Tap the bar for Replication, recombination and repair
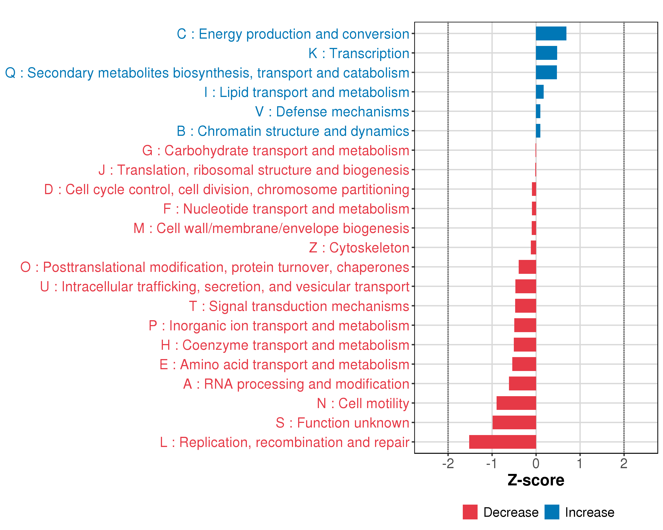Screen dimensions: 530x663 coord(503,442)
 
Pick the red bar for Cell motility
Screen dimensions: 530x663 coord(516,403)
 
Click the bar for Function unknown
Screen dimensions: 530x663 coord(514,422)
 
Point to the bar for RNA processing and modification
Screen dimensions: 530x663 coord(522,383)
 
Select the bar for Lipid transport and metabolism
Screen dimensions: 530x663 coord(539,92)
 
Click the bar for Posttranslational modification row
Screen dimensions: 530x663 coord(527,267)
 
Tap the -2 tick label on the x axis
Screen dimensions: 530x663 coord(448,463)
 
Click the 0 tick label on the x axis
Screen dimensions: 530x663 coord(536,463)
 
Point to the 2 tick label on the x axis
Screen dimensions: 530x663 coord(624,463)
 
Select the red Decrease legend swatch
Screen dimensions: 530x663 coord(470,512)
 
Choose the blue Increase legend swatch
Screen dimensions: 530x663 coord(552,512)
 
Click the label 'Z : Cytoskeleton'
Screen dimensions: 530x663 coord(359,248)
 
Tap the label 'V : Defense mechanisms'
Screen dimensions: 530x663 coord(332,112)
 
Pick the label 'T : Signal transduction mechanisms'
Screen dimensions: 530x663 coord(299,306)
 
